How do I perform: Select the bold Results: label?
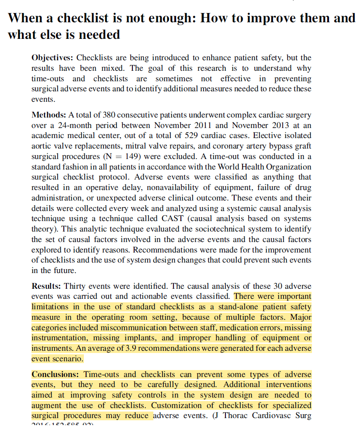coord(46,286)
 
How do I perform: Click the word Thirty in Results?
coord(75,286)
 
